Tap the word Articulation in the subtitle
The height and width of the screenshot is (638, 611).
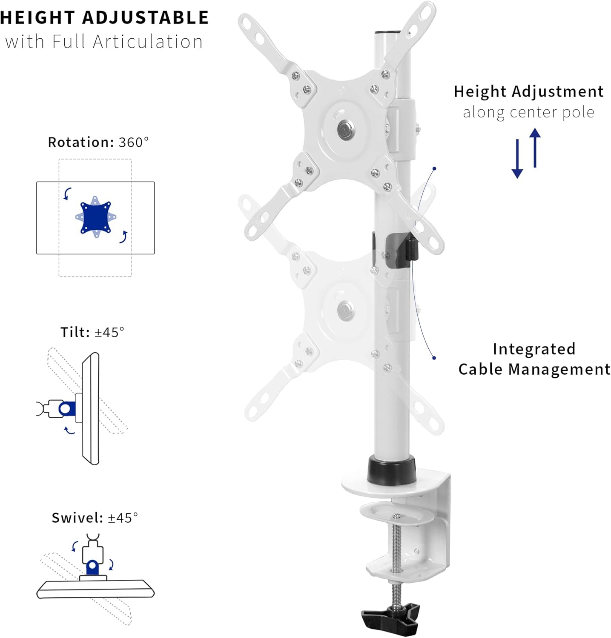click(x=148, y=42)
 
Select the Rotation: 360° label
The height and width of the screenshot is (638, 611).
click(x=98, y=142)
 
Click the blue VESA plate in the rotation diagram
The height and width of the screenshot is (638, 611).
click(x=95, y=217)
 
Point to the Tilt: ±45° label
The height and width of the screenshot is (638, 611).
click(x=92, y=332)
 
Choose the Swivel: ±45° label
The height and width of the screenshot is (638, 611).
click(x=95, y=518)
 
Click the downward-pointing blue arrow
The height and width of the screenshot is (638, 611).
click(x=517, y=159)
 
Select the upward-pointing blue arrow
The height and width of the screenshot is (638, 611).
click(x=535, y=148)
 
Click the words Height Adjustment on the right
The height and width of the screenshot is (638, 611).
click(x=528, y=91)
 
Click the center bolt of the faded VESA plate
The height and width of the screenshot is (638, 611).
click(x=345, y=310)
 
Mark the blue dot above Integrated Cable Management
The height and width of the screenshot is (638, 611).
click(x=434, y=358)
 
